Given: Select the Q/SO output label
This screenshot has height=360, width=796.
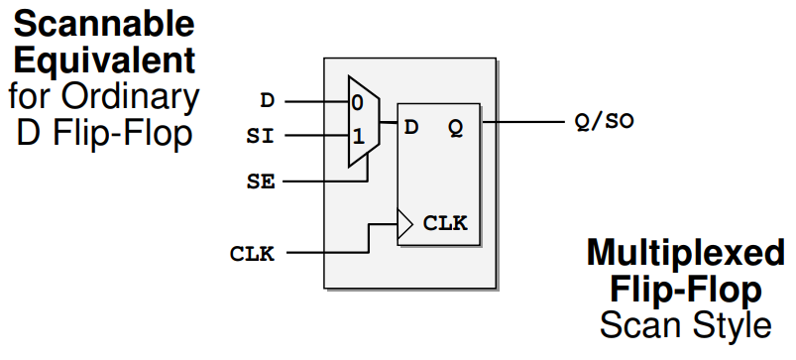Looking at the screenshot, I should [x=603, y=122].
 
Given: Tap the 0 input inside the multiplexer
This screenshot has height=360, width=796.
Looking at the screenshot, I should [x=358, y=101].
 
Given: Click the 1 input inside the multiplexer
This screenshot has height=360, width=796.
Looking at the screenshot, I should [x=358, y=132].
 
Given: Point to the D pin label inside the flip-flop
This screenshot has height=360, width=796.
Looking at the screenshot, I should [x=411, y=127].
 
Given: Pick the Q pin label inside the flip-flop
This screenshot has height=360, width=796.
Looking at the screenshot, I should [x=454, y=127].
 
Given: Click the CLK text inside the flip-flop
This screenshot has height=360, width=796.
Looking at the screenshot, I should [x=444, y=223].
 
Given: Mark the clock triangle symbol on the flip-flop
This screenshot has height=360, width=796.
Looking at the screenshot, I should [x=403, y=223].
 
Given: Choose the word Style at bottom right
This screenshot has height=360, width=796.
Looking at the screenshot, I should [x=729, y=324].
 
